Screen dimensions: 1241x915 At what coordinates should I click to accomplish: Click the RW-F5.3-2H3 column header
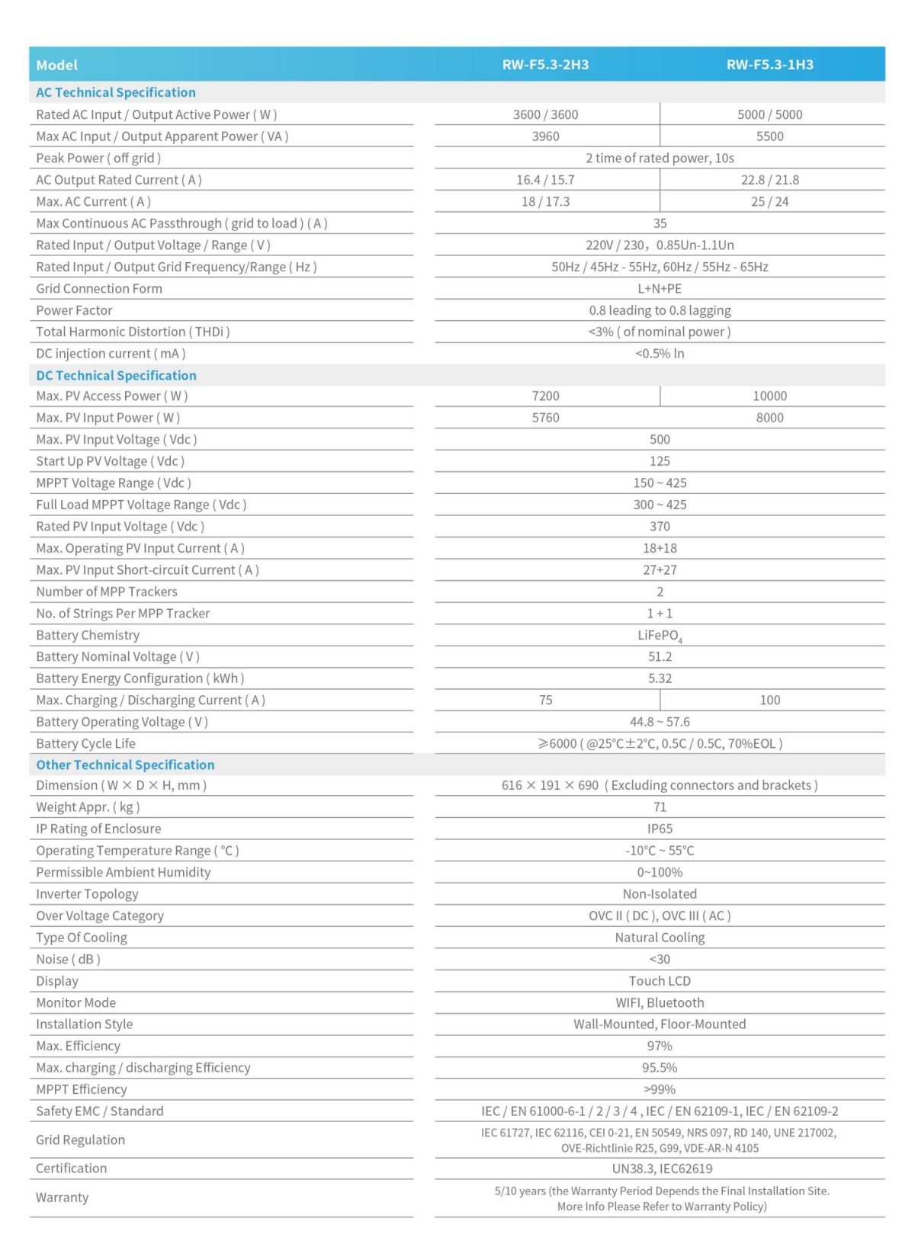click(545, 65)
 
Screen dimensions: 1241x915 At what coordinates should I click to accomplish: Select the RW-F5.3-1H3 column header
click(769, 65)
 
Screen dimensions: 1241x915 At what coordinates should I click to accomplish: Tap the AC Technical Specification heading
click(116, 92)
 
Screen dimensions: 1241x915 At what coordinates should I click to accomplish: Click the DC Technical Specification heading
click(116, 375)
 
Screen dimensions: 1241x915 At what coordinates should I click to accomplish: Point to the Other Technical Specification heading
click(125, 765)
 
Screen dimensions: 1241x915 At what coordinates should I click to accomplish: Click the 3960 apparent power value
click(545, 136)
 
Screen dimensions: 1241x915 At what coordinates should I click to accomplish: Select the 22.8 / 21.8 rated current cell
click(769, 180)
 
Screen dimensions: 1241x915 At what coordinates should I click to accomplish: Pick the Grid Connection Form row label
click(99, 288)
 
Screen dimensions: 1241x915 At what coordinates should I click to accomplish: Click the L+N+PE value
click(660, 288)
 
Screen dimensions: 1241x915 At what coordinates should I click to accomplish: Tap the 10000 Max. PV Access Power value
click(769, 396)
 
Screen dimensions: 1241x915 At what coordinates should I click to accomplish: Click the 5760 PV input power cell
click(545, 418)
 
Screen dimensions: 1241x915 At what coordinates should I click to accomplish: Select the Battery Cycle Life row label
click(85, 743)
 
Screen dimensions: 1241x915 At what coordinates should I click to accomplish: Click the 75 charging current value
click(545, 700)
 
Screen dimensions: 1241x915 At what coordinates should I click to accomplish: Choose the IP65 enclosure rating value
click(660, 829)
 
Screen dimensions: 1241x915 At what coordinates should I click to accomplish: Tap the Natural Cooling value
click(660, 938)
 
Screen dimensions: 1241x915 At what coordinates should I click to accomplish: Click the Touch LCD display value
click(660, 981)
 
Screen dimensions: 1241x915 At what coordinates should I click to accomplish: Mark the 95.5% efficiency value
click(660, 1068)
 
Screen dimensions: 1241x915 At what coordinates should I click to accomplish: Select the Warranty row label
click(62, 1198)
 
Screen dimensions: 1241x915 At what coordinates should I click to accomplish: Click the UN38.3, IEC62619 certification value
click(660, 1169)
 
